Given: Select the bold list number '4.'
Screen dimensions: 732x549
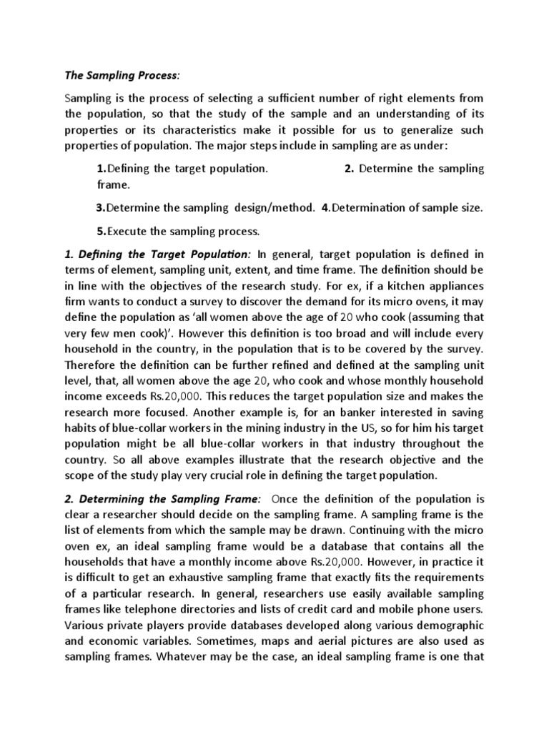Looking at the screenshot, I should click(x=325, y=208).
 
